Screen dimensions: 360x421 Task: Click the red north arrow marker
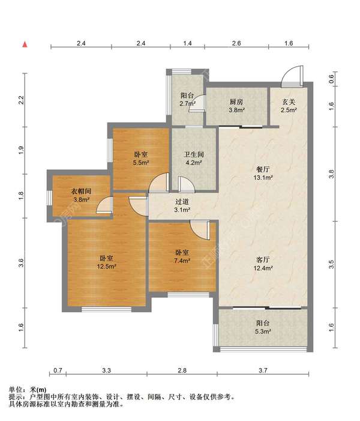click(x=25, y=44)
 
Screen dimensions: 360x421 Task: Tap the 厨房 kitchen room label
click(x=236, y=102)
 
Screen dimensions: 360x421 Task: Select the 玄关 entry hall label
click(x=289, y=102)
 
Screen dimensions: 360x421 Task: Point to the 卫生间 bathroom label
click(x=194, y=154)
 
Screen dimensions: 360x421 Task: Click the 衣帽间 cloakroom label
click(x=81, y=191)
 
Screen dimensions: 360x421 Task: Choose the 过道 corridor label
click(x=182, y=202)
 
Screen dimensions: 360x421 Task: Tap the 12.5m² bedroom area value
click(x=106, y=266)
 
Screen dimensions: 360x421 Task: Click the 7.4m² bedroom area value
click(x=182, y=260)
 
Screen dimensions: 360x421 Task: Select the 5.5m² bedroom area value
click(x=141, y=162)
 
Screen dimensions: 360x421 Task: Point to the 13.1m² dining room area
click(x=263, y=177)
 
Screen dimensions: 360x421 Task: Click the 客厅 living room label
click(x=263, y=260)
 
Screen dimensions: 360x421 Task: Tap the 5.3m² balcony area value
click(x=263, y=332)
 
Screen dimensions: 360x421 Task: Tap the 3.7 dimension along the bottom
click(x=263, y=371)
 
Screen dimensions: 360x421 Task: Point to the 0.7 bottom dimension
click(x=58, y=371)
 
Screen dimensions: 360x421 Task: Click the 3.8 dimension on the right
click(x=332, y=174)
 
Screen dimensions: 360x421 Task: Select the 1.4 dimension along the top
click(x=188, y=43)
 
